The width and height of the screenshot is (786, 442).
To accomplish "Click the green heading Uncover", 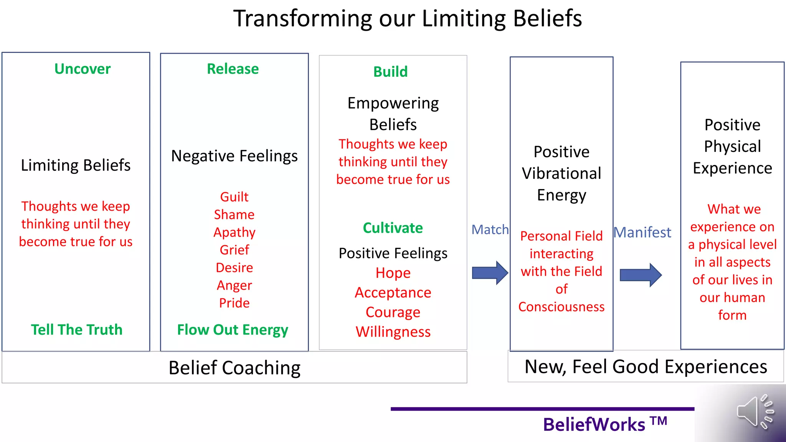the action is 82,69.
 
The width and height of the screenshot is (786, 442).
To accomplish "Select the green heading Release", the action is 233,69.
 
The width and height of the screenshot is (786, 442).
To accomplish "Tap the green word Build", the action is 390,72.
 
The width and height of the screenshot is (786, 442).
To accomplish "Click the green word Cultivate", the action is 393,228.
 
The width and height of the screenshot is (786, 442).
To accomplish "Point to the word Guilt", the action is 234,197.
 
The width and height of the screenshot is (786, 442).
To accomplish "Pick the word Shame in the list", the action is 234,214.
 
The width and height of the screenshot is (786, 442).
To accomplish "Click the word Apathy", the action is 234,233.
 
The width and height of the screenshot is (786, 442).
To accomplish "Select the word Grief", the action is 234,250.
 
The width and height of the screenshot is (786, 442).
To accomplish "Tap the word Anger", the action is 234,285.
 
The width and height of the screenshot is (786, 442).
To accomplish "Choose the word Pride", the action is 234,303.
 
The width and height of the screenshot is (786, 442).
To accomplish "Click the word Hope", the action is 393,273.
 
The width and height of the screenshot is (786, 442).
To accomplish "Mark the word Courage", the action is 393,312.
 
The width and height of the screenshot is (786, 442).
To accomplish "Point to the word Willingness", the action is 393,332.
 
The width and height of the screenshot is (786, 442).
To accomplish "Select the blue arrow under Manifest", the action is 640,275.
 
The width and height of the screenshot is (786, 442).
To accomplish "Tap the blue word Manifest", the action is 642,233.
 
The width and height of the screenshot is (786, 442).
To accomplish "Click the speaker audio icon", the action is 755,412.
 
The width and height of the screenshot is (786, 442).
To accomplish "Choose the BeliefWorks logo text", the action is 604,424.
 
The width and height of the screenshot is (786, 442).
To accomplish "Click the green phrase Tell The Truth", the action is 77,330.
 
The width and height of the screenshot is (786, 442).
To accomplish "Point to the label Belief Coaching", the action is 234,368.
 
